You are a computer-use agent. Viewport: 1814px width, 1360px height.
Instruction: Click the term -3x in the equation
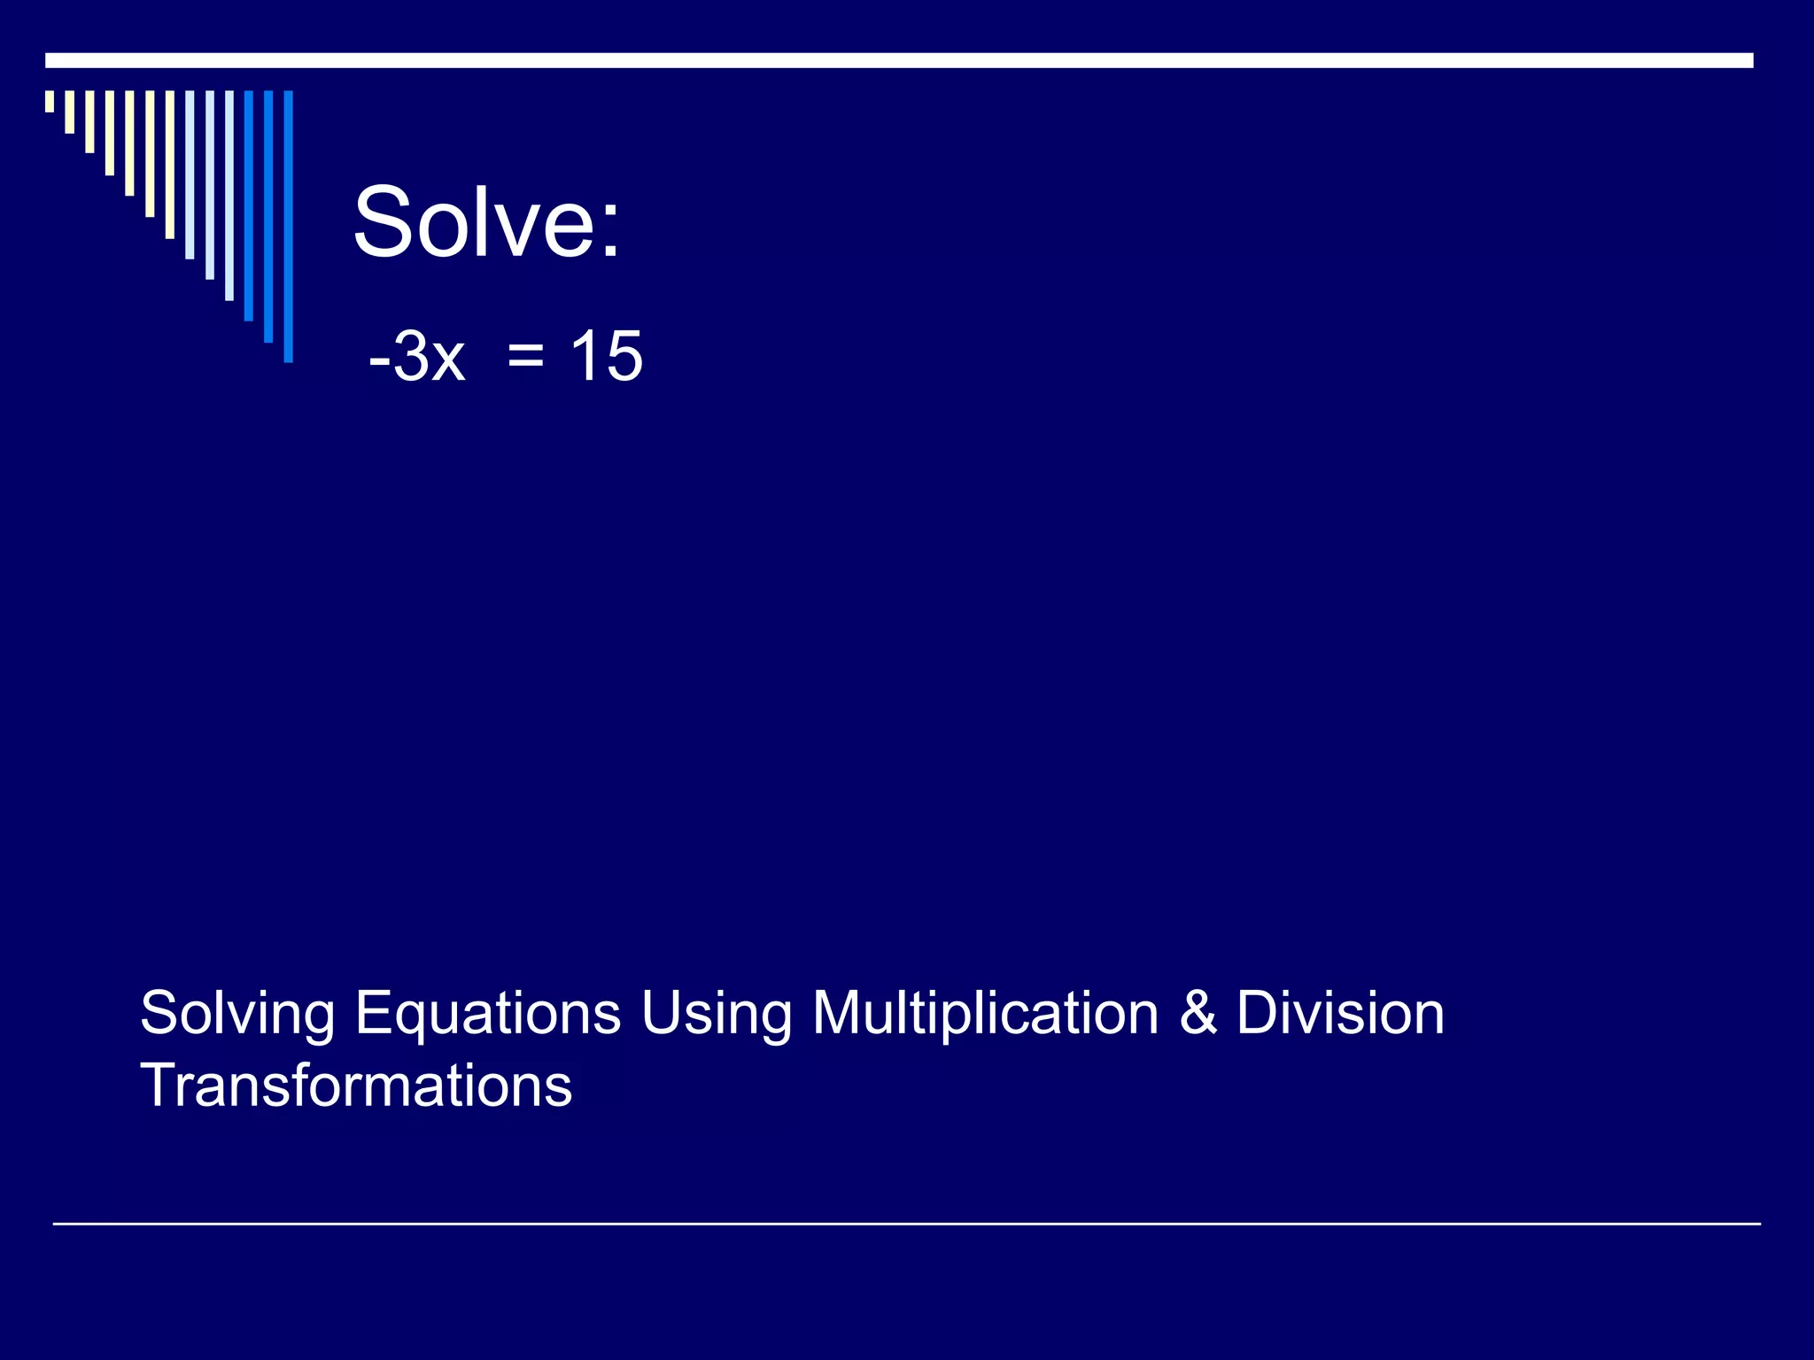coord(417,356)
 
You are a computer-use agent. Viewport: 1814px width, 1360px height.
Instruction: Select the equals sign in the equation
coord(526,357)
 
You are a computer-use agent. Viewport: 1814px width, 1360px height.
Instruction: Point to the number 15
coord(606,356)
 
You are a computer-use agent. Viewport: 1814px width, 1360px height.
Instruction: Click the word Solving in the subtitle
coord(237,1014)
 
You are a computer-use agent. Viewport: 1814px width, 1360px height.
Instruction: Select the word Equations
coord(488,1014)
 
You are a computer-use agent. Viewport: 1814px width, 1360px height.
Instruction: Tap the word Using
coord(716,1014)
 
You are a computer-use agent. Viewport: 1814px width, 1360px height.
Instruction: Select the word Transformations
coord(356,1086)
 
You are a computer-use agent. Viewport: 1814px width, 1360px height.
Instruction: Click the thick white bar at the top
coord(899,60)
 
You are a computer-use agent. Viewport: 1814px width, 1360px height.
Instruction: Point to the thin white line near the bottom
coord(906,1224)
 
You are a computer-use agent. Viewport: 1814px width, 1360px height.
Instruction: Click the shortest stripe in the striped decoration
coord(50,101)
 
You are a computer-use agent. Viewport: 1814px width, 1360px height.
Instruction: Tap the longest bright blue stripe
coord(288,226)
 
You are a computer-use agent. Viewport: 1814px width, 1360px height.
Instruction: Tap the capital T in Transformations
coord(159,1086)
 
